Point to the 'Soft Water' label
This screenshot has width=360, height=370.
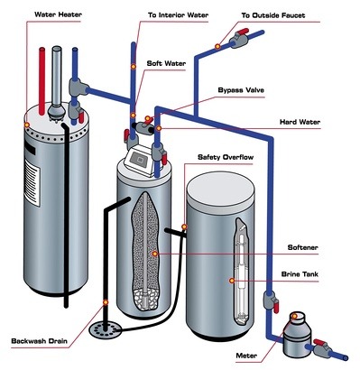click(x=167, y=64)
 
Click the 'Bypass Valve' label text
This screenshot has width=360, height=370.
click(x=241, y=90)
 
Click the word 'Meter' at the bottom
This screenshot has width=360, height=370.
click(x=244, y=356)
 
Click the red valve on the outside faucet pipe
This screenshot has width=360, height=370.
click(x=241, y=40)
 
